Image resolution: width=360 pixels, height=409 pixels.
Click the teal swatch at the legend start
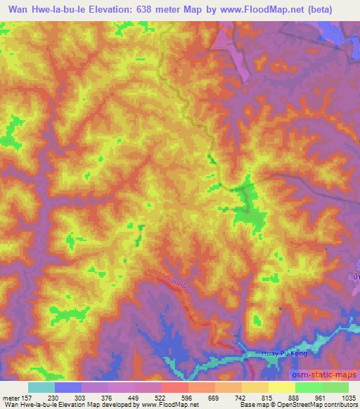point(41,387)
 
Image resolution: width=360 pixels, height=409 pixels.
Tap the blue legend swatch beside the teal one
point(68,387)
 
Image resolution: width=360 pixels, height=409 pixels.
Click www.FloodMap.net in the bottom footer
point(173,405)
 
